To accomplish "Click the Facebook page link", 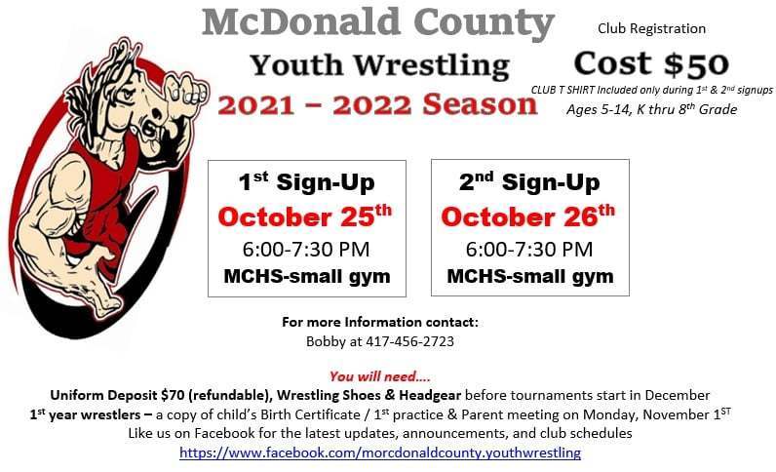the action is click(x=380, y=452).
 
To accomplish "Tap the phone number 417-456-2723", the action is click(x=409, y=341).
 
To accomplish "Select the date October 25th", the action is click(x=305, y=216).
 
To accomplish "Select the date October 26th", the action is click(x=528, y=216).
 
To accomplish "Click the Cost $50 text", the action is click(x=651, y=63).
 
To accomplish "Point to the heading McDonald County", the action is click(x=378, y=23).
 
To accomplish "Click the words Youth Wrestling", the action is click(x=379, y=66).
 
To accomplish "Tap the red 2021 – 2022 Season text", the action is click(x=377, y=104).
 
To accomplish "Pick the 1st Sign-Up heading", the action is click(x=307, y=181).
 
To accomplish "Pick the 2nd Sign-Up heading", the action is click(x=529, y=181).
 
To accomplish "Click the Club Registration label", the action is click(x=652, y=28).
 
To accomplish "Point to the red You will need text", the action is click(x=380, y=376).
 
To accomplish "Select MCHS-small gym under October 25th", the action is click(x=307, y=276).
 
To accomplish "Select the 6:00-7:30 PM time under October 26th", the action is click(x=529, y=249).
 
